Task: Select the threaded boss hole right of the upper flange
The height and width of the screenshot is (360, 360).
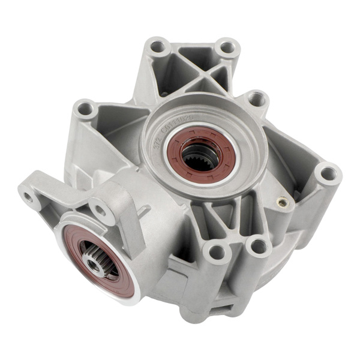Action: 257,98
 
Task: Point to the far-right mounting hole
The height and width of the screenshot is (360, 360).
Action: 328,174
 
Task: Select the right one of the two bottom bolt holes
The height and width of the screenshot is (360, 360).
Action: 259,245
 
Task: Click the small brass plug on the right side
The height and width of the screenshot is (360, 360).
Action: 281,202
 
